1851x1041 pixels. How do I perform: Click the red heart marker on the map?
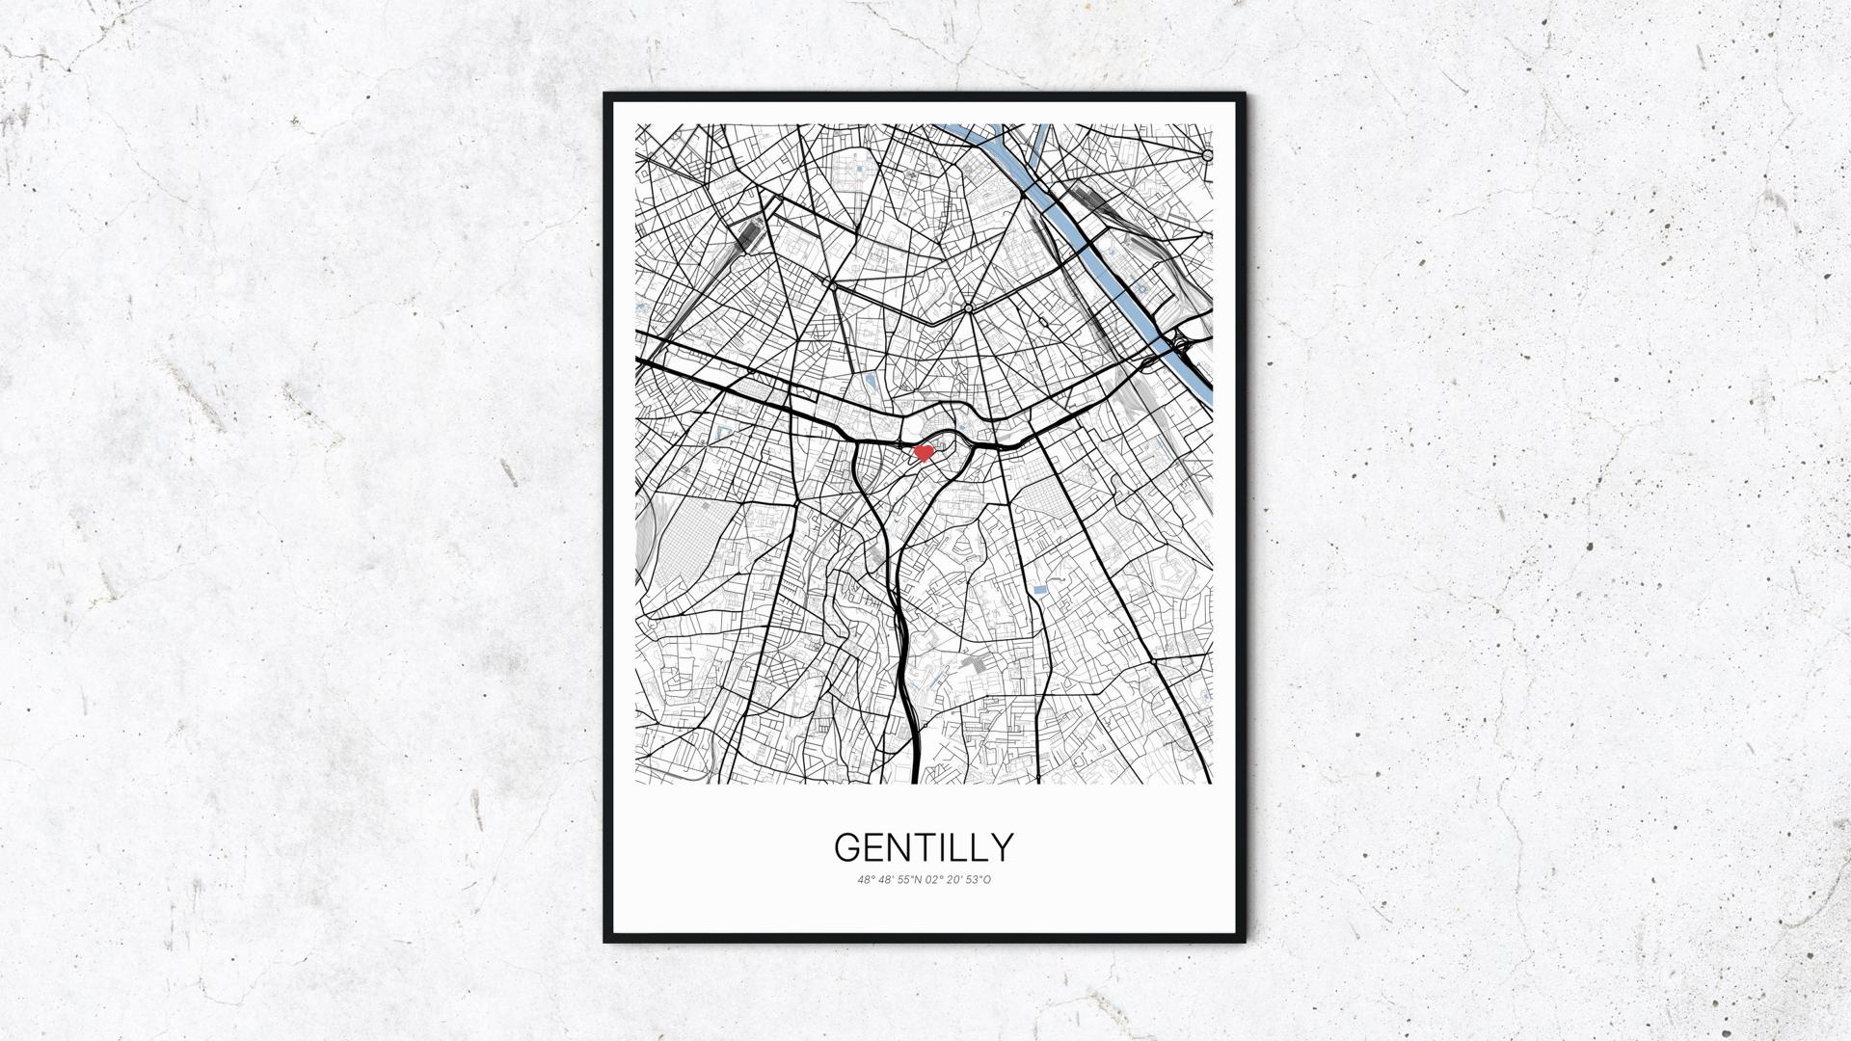pos(924,451)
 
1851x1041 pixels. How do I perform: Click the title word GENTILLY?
pos(924,847)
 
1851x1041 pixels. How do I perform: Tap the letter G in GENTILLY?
pos(847,847)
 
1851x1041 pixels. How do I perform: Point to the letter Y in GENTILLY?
pos(1003,847)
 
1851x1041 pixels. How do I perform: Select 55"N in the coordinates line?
pos(909,879)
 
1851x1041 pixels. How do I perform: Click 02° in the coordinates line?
pos(934,879)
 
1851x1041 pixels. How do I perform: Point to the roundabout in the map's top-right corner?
pos(1207,155)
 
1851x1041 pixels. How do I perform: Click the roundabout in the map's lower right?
pos(1155,663)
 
